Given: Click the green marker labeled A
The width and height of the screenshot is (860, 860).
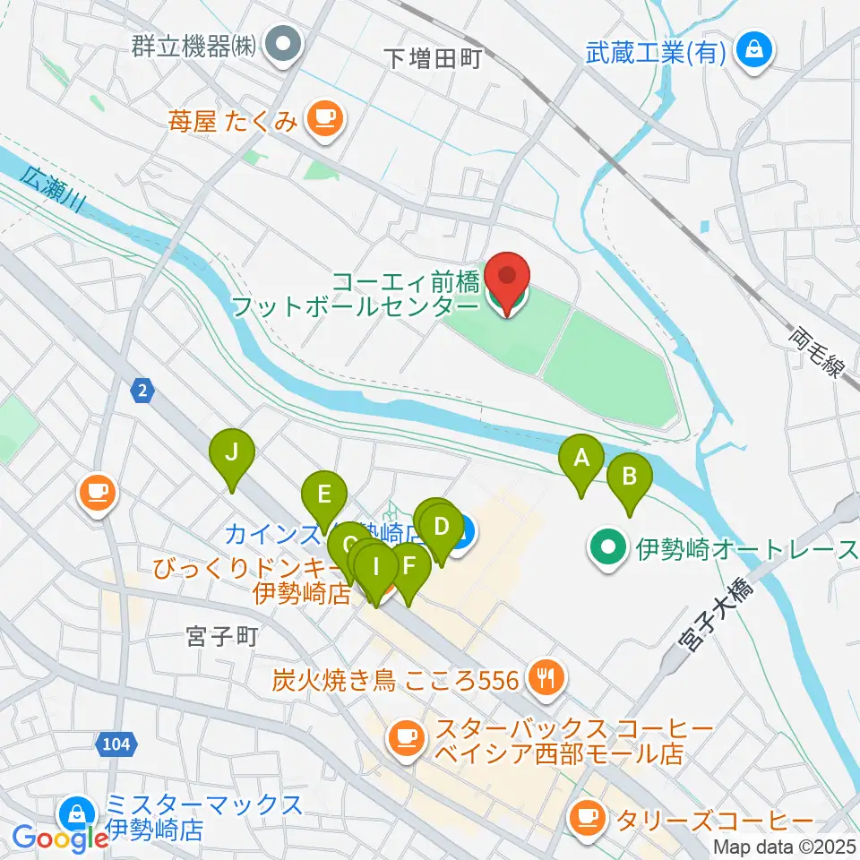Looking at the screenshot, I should pyautogui.click(x=580, y=460).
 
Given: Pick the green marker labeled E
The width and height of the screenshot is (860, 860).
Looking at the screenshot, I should pyautogui.click(x=323, y=494).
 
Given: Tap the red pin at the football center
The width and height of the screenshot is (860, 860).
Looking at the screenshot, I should pyautogui.click(x=508, y=279).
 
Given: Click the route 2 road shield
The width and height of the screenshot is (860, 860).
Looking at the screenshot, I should pyautogui.click(x=142, y=390).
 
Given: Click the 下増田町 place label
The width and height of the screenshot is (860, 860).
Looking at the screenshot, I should pyautogui.click(x=433, y=59).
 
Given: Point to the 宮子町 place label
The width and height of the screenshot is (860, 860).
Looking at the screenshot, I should pyautogui.click(x=221, y=637).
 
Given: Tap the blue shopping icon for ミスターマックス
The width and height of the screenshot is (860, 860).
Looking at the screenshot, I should pyautogui.click(x=73, y=815).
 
